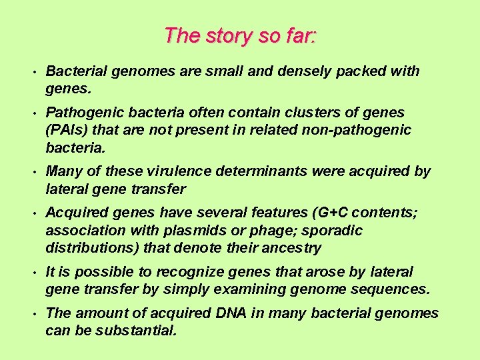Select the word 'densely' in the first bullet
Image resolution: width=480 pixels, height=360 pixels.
pos(304,71)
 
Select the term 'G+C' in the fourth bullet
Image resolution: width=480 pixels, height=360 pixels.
pos(333,213)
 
